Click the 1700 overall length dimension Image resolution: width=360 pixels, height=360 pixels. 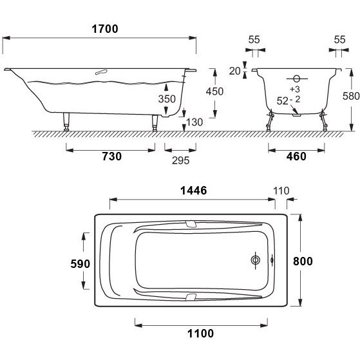click(105, 29)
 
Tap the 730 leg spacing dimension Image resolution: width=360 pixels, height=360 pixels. click(112, 156)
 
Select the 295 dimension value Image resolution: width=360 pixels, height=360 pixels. click(181, 160)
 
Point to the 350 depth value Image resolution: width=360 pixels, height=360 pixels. click(167, 99)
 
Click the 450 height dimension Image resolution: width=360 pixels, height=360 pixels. click(214, 91)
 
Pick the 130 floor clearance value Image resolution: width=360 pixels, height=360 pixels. click(194, 122)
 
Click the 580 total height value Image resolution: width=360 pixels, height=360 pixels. click(351, 96)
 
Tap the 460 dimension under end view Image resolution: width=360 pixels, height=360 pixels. click(296, 156)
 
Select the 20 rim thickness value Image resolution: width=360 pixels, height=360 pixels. click(234, 71)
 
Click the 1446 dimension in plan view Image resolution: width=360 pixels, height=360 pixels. click(194, 191)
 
